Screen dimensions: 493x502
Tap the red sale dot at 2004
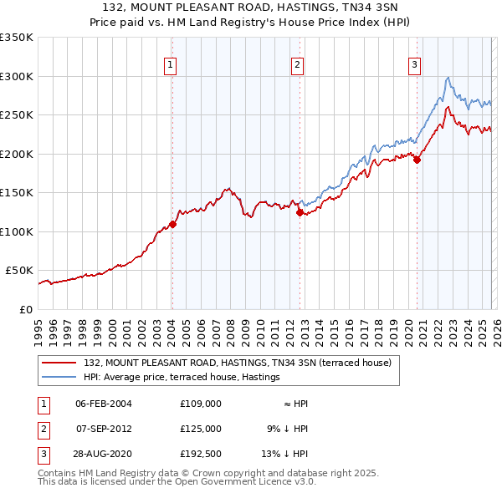[172, 224]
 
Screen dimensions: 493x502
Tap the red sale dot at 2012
[299, 212]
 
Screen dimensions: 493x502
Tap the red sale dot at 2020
[417, 160]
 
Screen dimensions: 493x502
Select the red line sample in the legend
[59, 363]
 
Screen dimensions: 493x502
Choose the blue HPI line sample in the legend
[59, 378]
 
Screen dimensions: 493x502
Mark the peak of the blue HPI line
[448, 78]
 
